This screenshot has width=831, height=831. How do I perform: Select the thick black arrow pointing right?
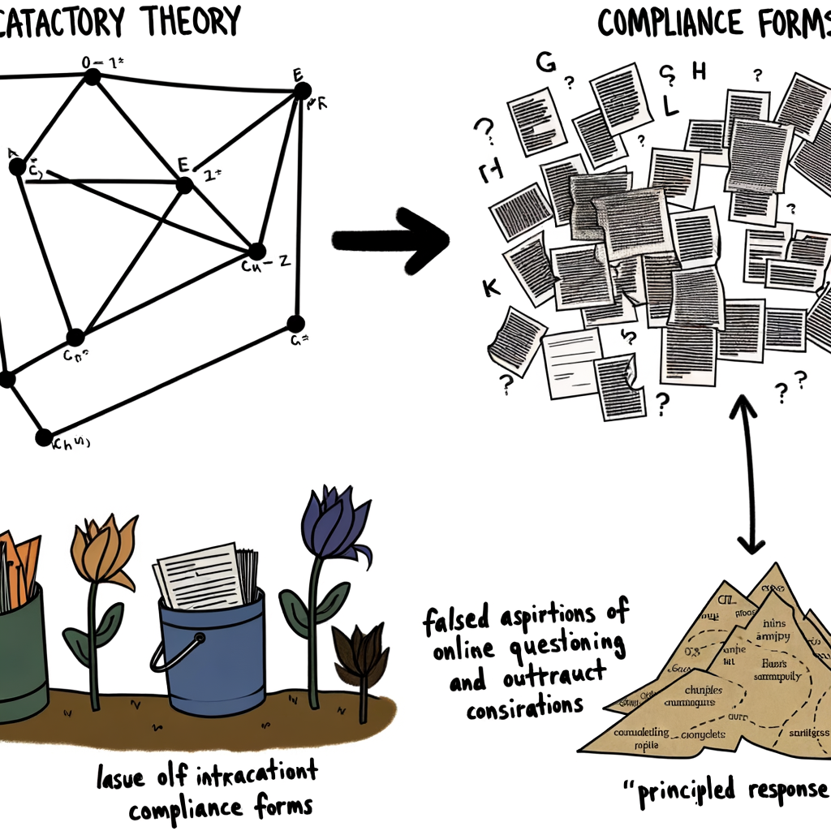(x=390, y=239)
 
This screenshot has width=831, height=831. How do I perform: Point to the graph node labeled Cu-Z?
(x=257, y=251)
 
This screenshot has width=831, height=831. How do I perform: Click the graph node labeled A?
(x=17, y=167)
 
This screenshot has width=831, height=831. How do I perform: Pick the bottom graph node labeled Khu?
(x=44, y=437)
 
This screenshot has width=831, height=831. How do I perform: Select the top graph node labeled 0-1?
(x=92, y=77)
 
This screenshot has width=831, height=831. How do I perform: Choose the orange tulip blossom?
(x=103, y=552)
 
